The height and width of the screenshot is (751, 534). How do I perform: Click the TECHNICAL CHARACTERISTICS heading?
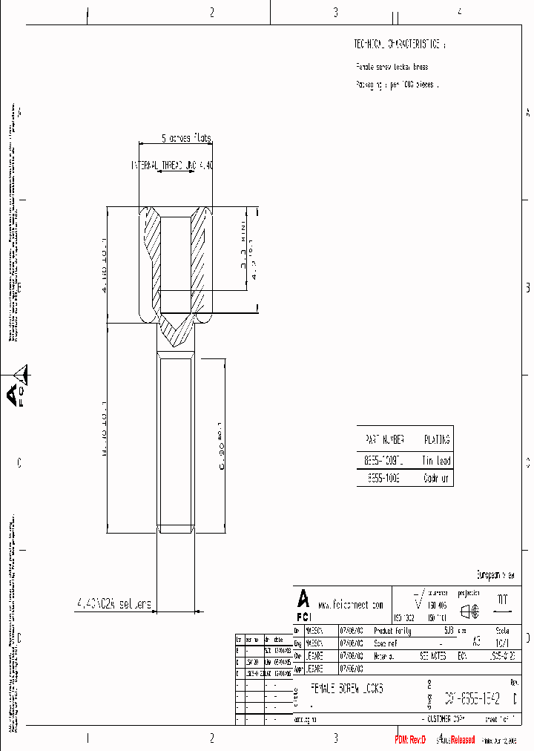click(400, 45)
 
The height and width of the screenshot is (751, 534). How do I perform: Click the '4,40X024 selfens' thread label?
click(113, 604)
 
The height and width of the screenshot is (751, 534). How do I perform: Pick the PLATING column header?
click(436, 439)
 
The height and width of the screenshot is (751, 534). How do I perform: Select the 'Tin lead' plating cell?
click(436, 460)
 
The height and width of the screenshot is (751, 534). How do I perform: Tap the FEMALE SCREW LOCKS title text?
click(346, 689)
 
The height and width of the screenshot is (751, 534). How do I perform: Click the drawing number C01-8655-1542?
click(472, 698)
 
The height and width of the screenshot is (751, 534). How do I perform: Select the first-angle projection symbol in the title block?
click(469, 611)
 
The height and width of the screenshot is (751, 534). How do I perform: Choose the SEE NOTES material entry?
click(434, 657)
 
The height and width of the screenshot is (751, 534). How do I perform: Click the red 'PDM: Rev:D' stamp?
click(410, 740)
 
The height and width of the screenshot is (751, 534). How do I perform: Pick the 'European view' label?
click(495, 574)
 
